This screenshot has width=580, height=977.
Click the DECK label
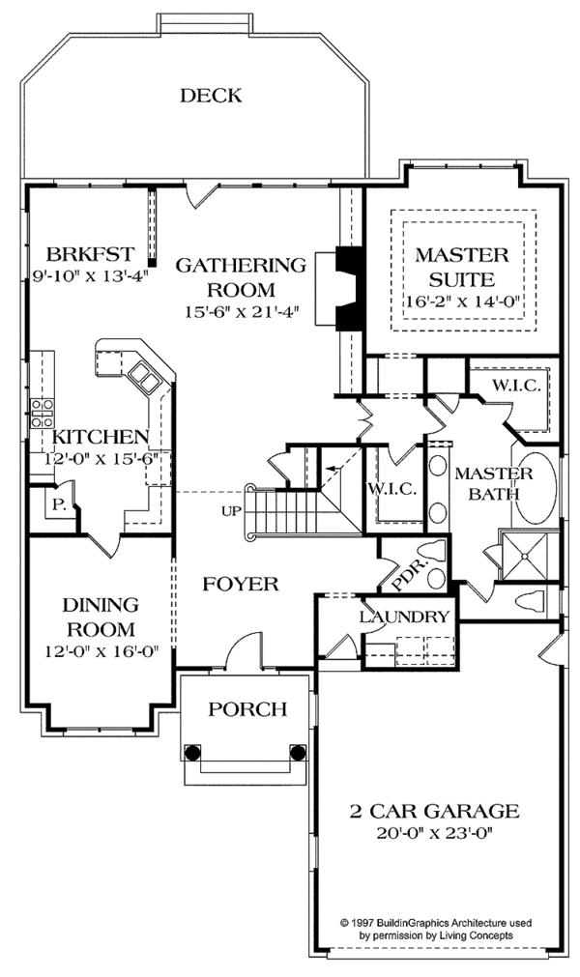pos(210,95)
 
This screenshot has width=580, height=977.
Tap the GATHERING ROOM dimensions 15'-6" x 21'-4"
pos(240,311)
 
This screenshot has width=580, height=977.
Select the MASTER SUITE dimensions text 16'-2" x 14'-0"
pos(461,302)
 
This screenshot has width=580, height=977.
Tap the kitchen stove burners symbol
pos(42,413)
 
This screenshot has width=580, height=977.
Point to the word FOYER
pos(241,585)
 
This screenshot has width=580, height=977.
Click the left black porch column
pos(191,751)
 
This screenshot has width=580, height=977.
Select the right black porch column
pos(295,751)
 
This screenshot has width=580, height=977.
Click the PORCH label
pos(248,710)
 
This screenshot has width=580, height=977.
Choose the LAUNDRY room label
pos(404,618)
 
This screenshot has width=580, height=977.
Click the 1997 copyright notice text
pos(434,929)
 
